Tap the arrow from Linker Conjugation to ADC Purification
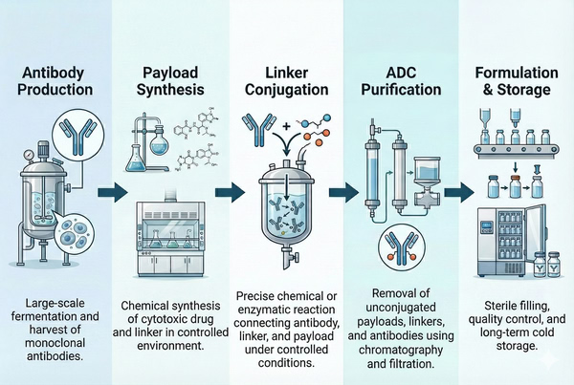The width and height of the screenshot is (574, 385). pyautogui.click(x=341, y=192)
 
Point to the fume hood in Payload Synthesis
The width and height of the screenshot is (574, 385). pyautogui.click(x=171, y=230)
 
